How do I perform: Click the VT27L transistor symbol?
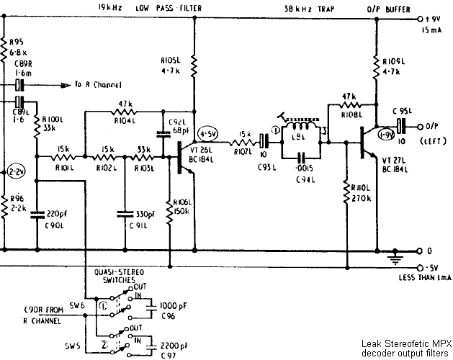pos(367,142)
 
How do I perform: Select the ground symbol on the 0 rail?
pos(395,255)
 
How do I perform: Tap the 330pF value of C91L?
pos(146,214)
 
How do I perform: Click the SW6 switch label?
pos(77,305)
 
